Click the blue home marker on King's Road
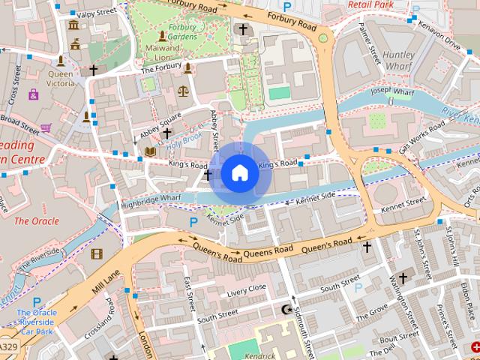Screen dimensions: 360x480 pos(239,172)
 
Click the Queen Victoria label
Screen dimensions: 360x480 pos(61,79)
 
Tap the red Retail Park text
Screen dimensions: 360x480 pos(370,4)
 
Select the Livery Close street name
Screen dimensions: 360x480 pos(247,288)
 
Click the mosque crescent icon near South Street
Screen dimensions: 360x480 pos(285,309)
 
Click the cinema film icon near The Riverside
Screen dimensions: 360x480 pos(96,253)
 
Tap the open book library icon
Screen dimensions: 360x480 pos(149,151)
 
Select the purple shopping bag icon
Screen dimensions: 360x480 pos(33,94)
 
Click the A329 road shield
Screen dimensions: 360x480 pos(8,347)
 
